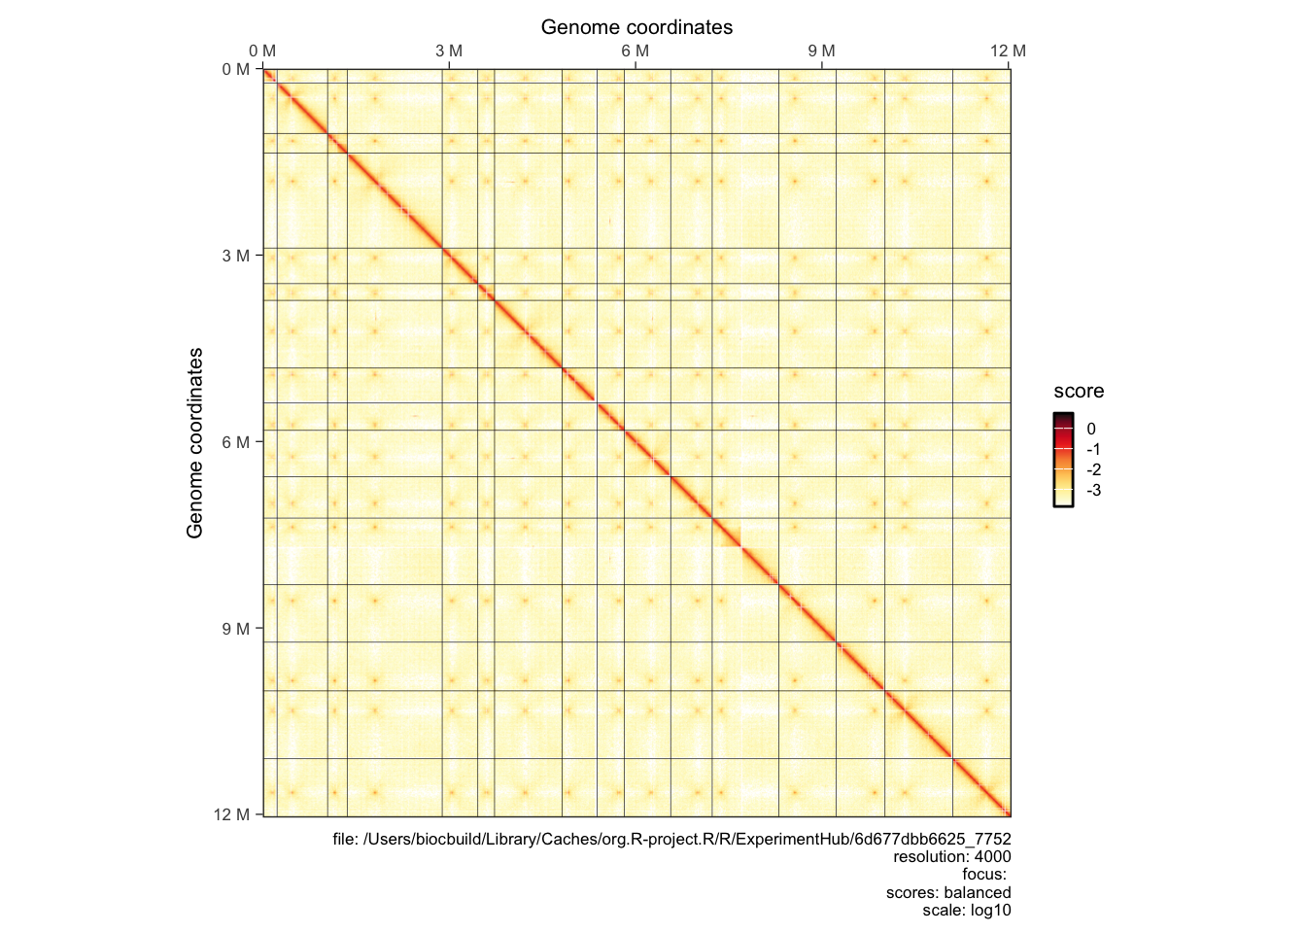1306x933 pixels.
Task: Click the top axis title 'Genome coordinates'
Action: pos(636,27)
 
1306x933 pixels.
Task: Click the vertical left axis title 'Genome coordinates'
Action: pos(195,443)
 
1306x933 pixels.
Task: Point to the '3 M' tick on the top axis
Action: pos(449,51)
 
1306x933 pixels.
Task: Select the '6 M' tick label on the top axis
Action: pos(636,51)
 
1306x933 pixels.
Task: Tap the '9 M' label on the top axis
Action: pos(821,51)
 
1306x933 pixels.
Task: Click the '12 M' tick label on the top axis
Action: pos(1008,51)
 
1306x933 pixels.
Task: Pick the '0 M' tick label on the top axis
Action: pos(262,51)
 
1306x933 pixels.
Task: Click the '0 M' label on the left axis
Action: pos(236,70)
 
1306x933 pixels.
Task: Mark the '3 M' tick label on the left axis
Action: pos(236,256)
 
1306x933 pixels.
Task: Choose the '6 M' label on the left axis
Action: pos(236,442)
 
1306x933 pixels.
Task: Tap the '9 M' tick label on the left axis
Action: pos(236,629)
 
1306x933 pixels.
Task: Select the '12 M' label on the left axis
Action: pos(232,814)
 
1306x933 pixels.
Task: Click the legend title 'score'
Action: pos(1079,392)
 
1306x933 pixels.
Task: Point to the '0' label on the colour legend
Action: pos(1091,429)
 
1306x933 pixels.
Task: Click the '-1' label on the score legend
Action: pos(1093,449)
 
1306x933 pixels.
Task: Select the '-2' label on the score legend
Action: pos(1093,469)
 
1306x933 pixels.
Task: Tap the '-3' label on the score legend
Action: pos(1093,490)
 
